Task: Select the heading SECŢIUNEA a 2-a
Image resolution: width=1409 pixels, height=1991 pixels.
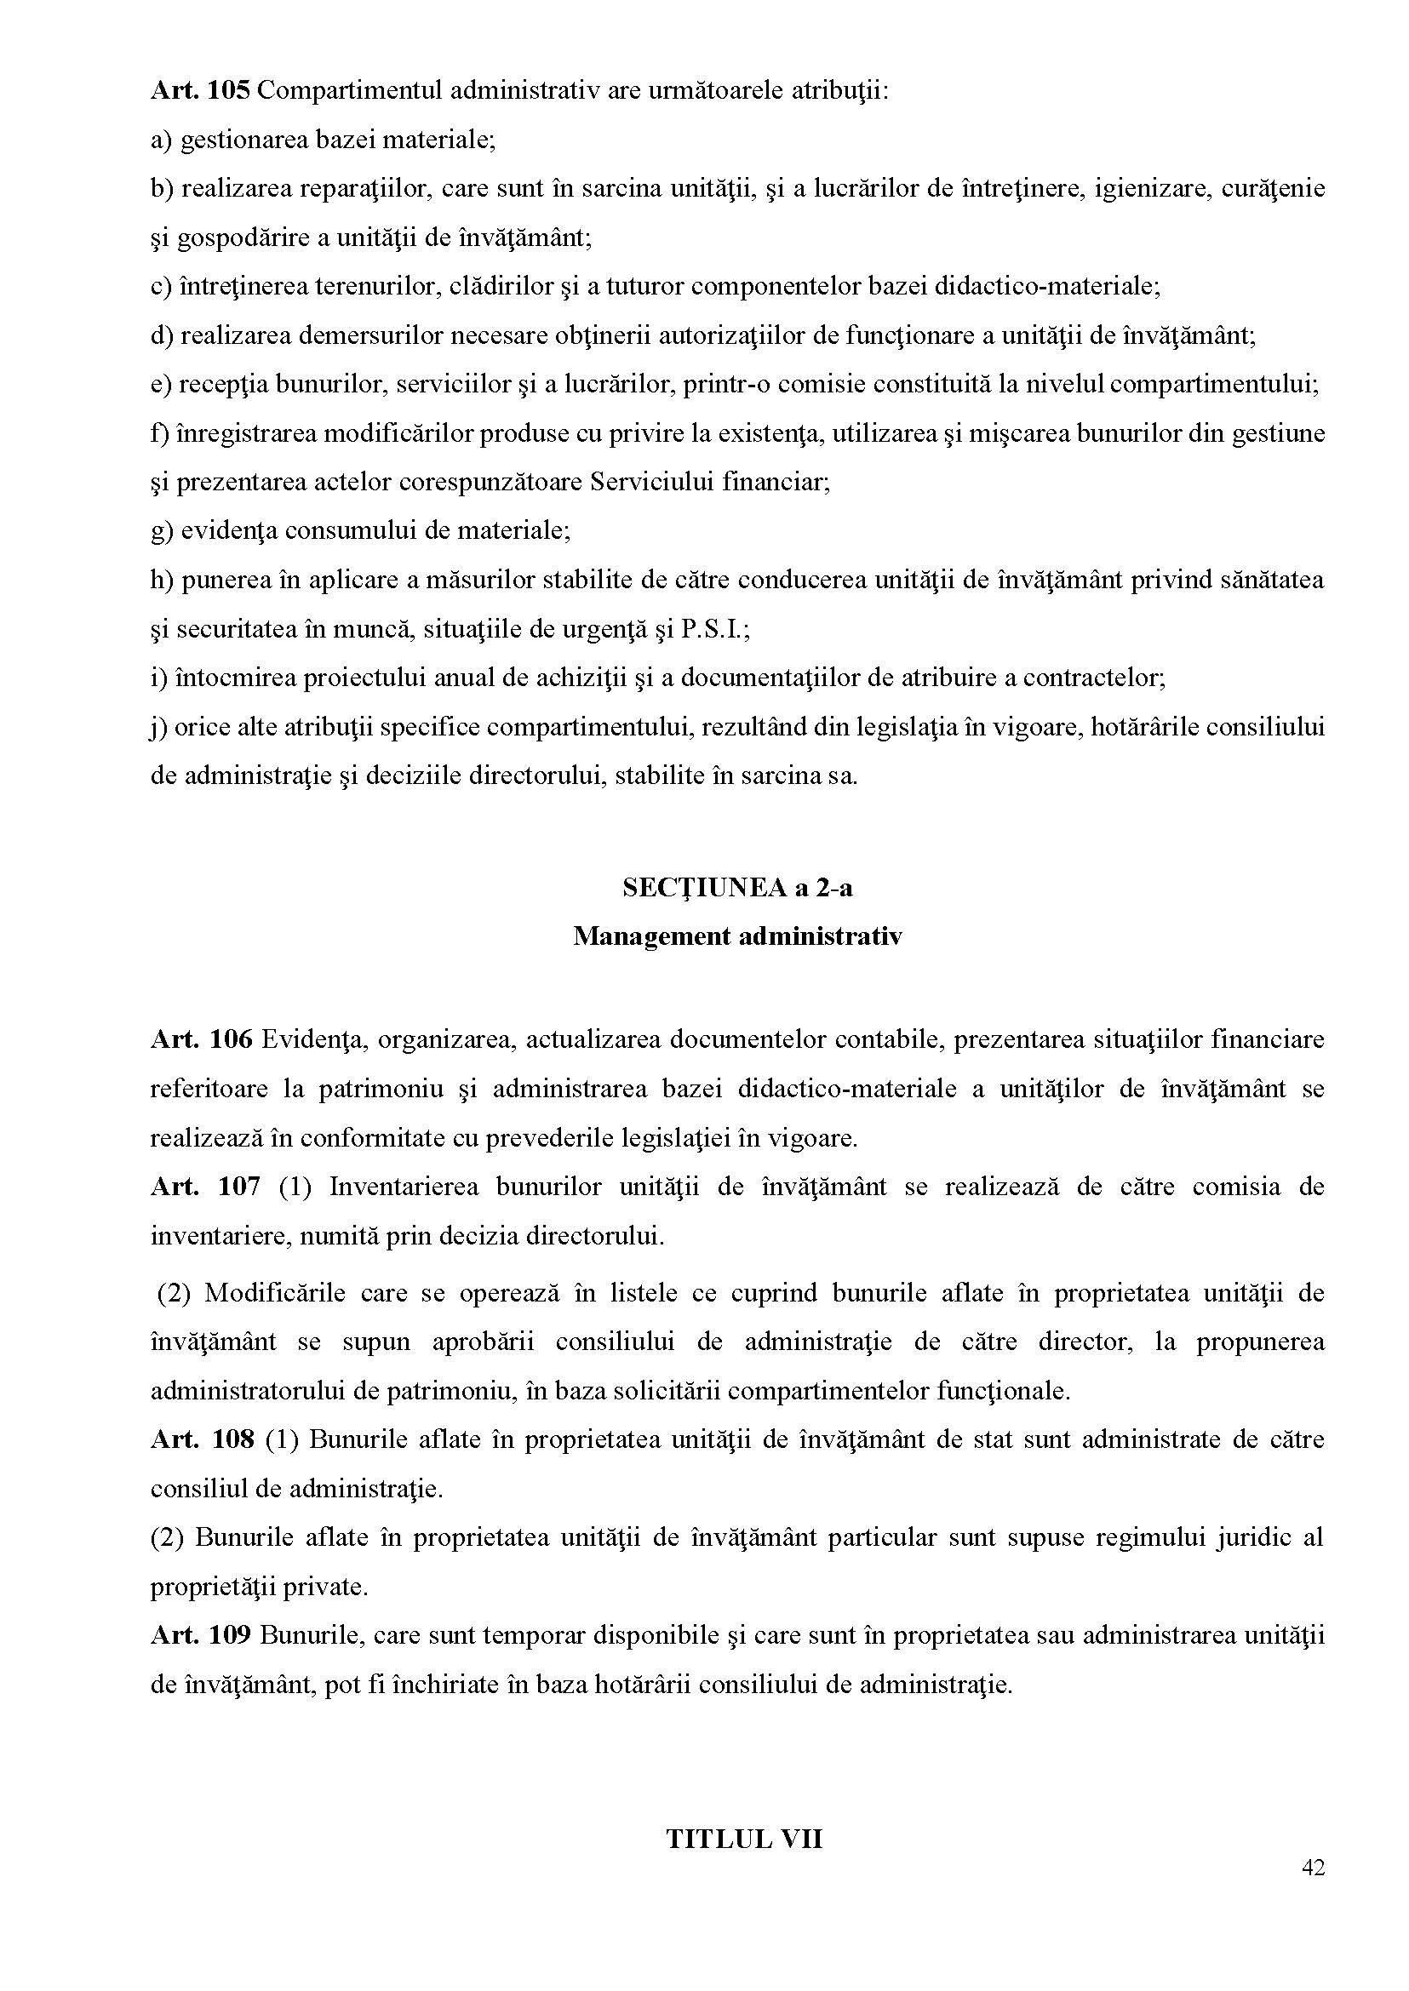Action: pyautogui.click(x=736, y=888)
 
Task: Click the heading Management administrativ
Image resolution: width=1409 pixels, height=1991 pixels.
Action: pyautogui.click(x=736, y=936)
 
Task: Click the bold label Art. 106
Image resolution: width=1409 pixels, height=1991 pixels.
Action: pyautogui.click(x=200, y=1039)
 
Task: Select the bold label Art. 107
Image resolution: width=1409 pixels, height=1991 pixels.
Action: pyautogui.click(x=205, y=1186)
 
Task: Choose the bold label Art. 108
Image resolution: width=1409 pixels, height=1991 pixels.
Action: pyautogui.click(x=202, y=1439)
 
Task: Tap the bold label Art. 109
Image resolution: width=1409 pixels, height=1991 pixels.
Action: pyautogui.click(x=200, y=1635)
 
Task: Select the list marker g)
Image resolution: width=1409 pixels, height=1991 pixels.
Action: pyautogui.click(x=162, y=531)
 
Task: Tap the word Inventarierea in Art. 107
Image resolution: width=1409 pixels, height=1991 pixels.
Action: pyautogui.click(x=404, y=1186)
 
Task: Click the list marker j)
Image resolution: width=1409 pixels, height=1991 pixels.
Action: pyautogui.click(x=158, y=726)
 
